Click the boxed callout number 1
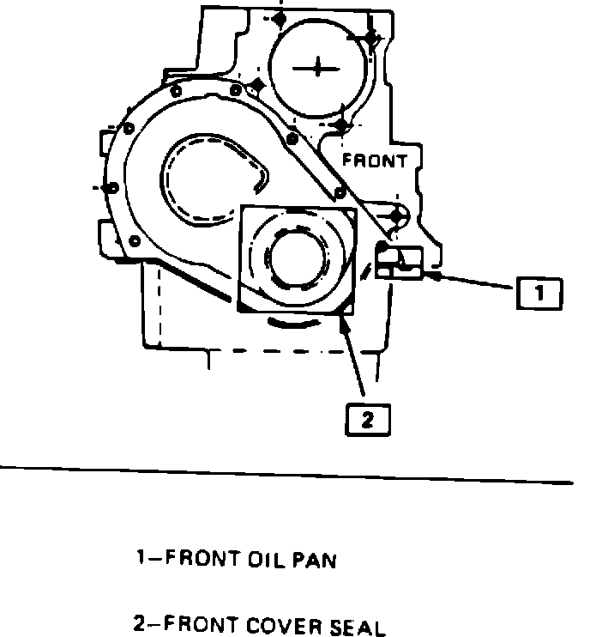(x=539, y=294)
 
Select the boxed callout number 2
(x=367, y=420)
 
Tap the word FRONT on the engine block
(x=375, y=160)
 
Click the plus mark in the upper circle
(x=318, y=67)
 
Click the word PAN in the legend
(x=316, y=561)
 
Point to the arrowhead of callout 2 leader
(x=344, y=321)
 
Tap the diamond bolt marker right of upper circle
(x=370, y=39)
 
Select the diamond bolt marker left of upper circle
(x=256, y=85)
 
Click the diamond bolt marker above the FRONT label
(x=341, y=126)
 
